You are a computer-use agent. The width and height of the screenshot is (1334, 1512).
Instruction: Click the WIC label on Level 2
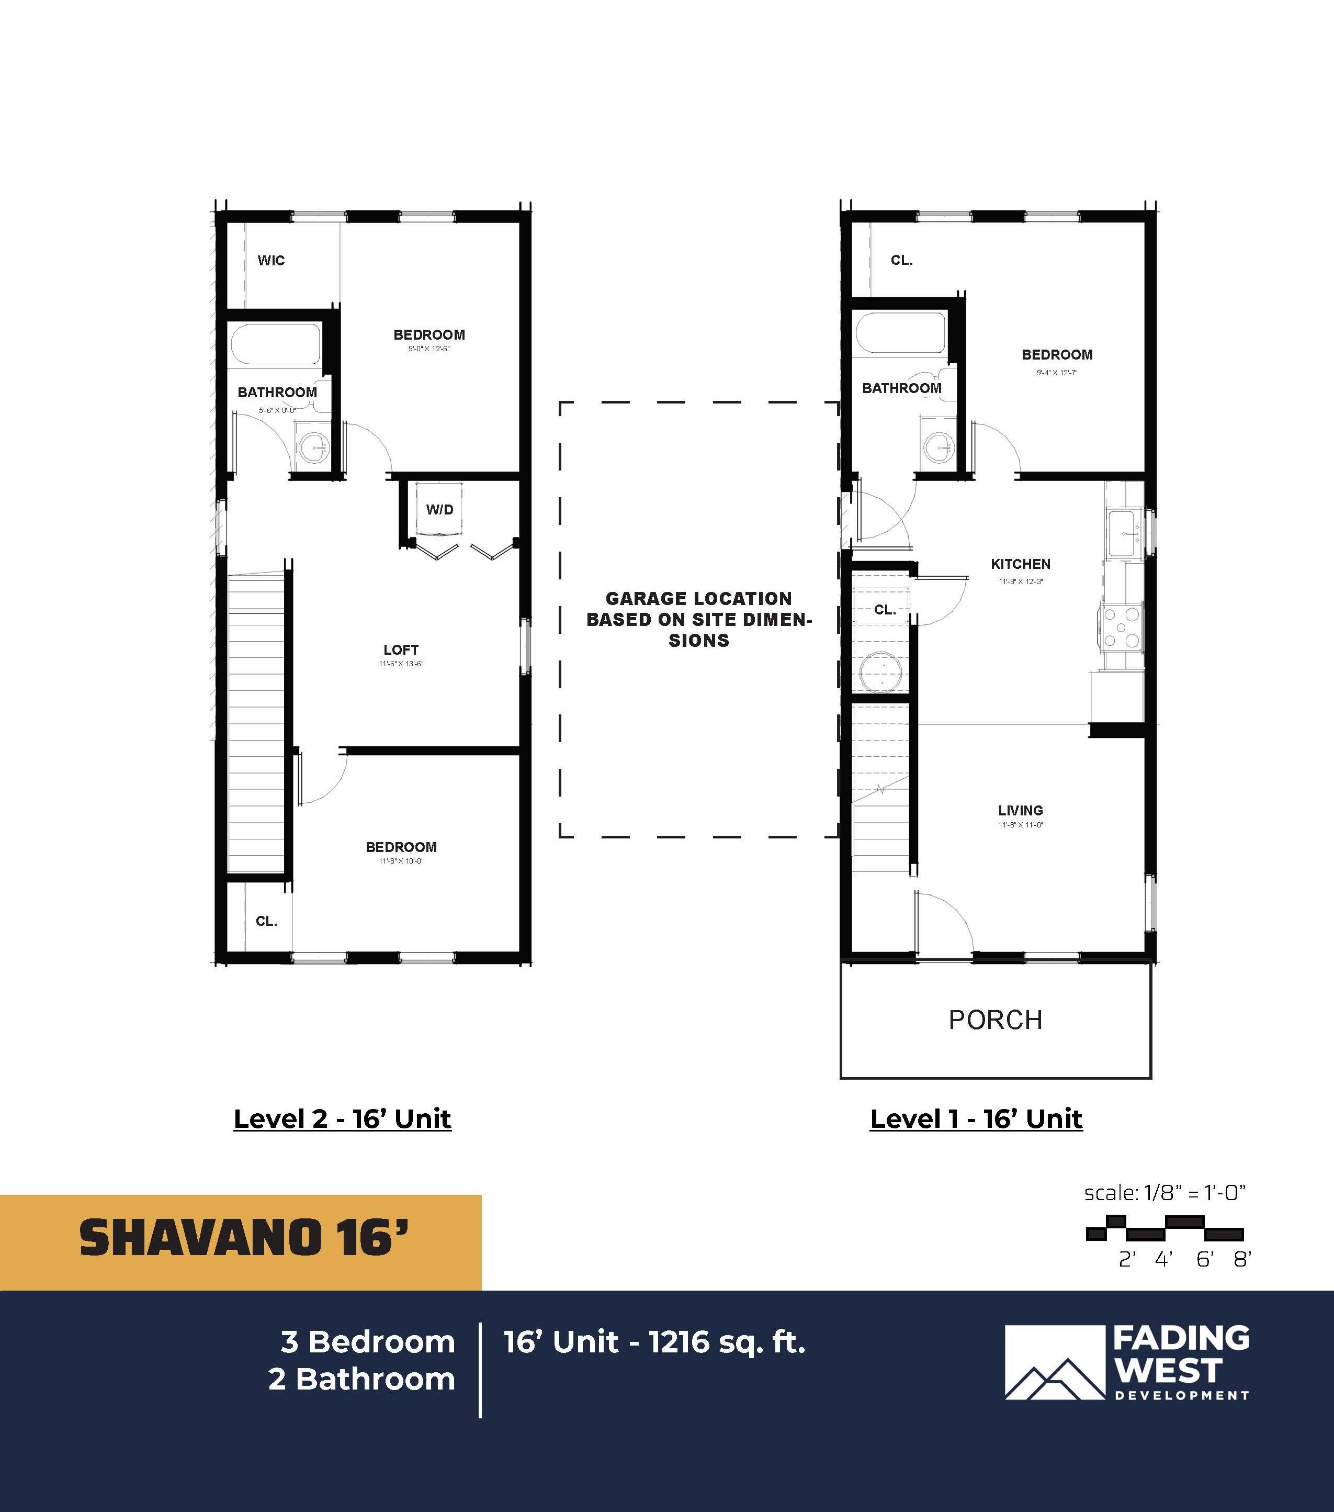click(x=270, y=261)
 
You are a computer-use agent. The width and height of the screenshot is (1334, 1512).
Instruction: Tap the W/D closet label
click(x=439, y=510)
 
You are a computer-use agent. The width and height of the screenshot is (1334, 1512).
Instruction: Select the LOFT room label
click(x=401, y=649)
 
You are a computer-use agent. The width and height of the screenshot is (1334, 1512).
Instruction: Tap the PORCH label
click(x=996, y=1020)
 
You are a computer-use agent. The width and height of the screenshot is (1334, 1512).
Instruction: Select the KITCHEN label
click(x=1021, y=564)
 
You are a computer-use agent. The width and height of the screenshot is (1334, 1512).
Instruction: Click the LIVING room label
click(x=1021, y=810)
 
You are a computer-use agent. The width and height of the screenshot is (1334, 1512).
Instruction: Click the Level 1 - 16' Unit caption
click(x=976, y=1118)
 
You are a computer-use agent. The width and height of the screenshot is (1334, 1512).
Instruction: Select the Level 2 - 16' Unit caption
click(x=342, y=1118)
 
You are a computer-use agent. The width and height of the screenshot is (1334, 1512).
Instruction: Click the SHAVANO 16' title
click(x=244, y=1238)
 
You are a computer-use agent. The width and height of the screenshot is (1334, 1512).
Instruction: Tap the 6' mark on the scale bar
click(x=1205, y=1260)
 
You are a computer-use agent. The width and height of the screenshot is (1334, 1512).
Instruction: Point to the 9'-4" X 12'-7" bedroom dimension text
click(x=1057, y=373)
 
